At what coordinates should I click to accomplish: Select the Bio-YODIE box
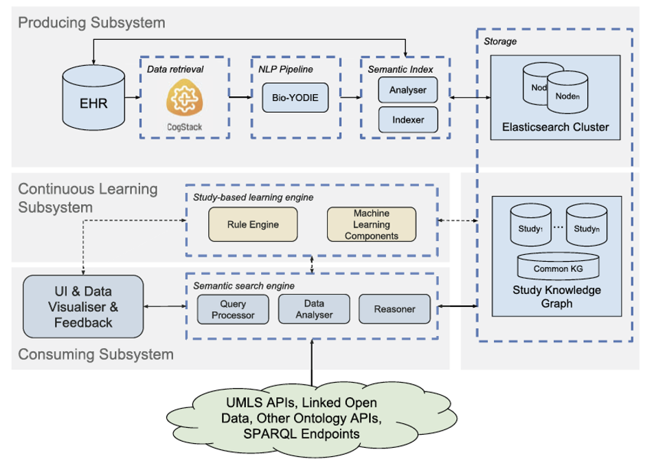[x=295, y=98]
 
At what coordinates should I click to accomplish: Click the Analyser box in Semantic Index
[x=408, y=90]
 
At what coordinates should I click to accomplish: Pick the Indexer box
[x=408, y=120]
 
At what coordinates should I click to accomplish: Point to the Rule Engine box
[x=243, y=225]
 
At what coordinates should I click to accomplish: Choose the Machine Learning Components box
[x=372, y=225]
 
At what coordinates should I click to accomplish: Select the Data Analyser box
[x=314, y=309]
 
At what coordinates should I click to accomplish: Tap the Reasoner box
[x=395, y=309]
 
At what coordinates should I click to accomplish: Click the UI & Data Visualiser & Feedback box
[x=83, y=306]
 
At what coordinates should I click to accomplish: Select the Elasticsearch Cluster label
[x=556, y=127]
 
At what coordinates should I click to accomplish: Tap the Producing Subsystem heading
[x=91, y=23]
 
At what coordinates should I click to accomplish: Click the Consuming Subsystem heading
[x=95, y=354]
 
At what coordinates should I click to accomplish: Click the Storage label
[x=500, y=41]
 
